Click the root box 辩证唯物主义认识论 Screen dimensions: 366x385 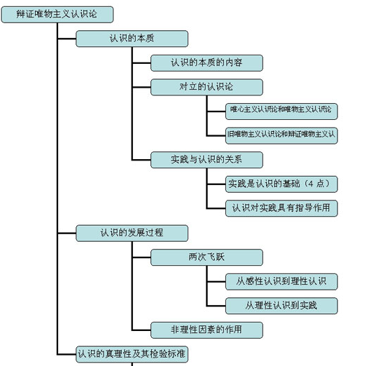57,15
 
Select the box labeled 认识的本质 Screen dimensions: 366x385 132,39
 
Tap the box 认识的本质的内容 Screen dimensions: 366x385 206,63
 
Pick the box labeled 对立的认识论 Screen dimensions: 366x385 206,87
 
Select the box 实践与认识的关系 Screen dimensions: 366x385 206,159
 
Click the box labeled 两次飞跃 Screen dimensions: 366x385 206,257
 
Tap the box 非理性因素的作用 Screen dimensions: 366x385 206,329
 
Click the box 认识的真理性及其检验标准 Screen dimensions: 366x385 132,353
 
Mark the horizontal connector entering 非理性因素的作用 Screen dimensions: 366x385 141,329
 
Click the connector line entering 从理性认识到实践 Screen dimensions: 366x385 216,305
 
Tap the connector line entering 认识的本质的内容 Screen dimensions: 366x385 141,63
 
